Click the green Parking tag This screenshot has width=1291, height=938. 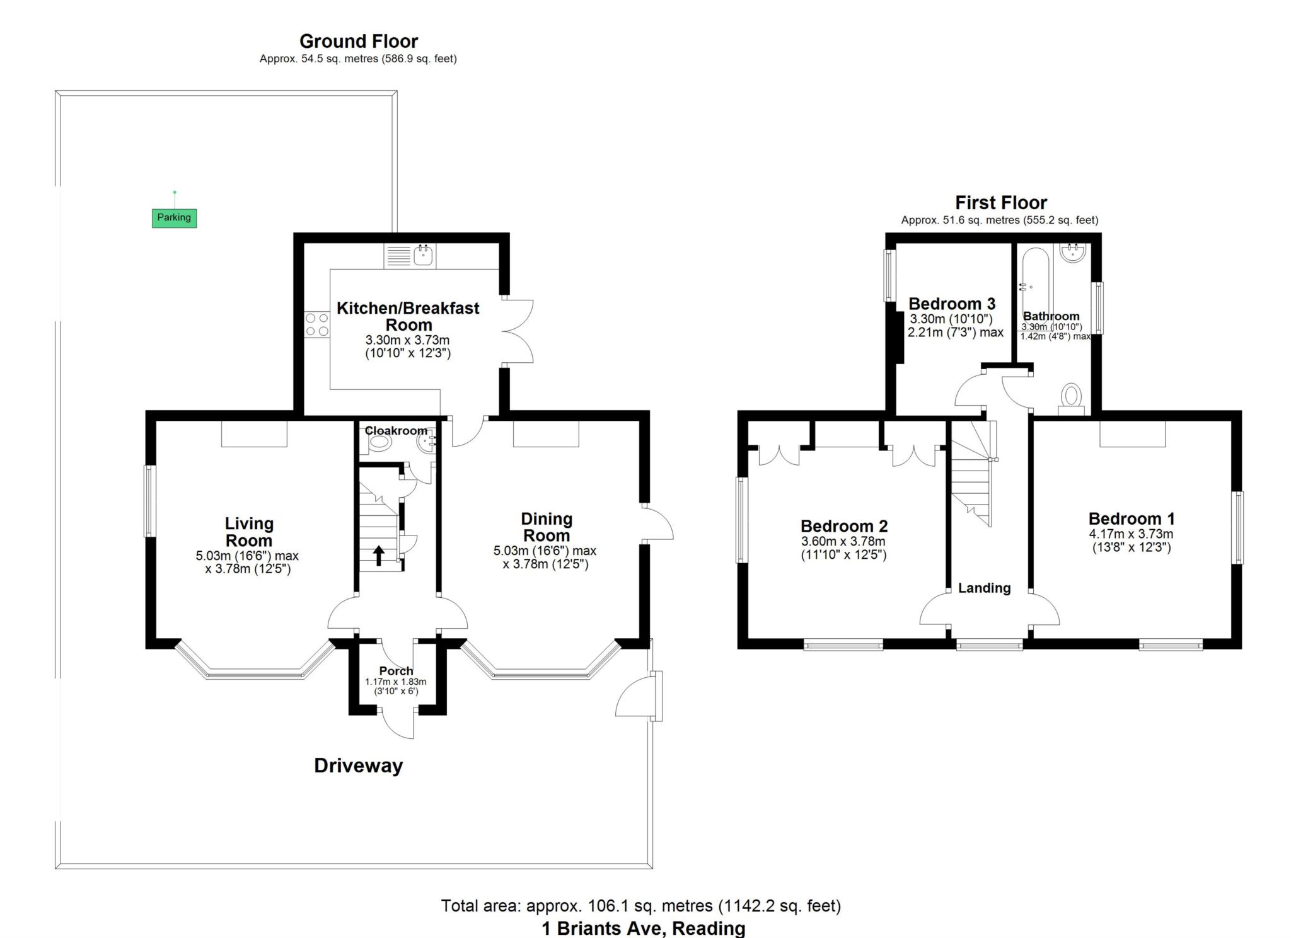[x=174, y=218]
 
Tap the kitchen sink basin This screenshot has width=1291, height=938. [x=423, y=255]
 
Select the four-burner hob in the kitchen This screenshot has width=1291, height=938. [x=317, y=324]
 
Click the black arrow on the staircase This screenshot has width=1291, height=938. [x=379, y=556]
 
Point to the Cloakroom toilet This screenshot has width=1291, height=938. [x=379, y=443]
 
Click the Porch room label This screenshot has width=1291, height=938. [x=396, y=671]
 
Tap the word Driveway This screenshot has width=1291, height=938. [x=358, y=766]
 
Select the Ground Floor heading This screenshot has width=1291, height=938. [x=358, y=42]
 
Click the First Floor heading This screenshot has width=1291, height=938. [x=1000, y=203]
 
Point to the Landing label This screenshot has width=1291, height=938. [x=984, y=588]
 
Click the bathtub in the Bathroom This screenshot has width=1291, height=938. [x=1035, y=287]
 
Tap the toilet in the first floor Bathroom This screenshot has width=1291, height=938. [x=1071, y=397]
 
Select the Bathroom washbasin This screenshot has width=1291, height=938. [x=1072, y=253]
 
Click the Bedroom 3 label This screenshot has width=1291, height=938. [x=951, y=304]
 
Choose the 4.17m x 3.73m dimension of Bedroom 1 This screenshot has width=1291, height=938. [x=1131, y=534]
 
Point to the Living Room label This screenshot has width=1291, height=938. [x=249, y=532]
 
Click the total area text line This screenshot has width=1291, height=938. [x=640, y=906]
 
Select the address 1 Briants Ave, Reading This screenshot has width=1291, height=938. [x=643, y=928]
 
